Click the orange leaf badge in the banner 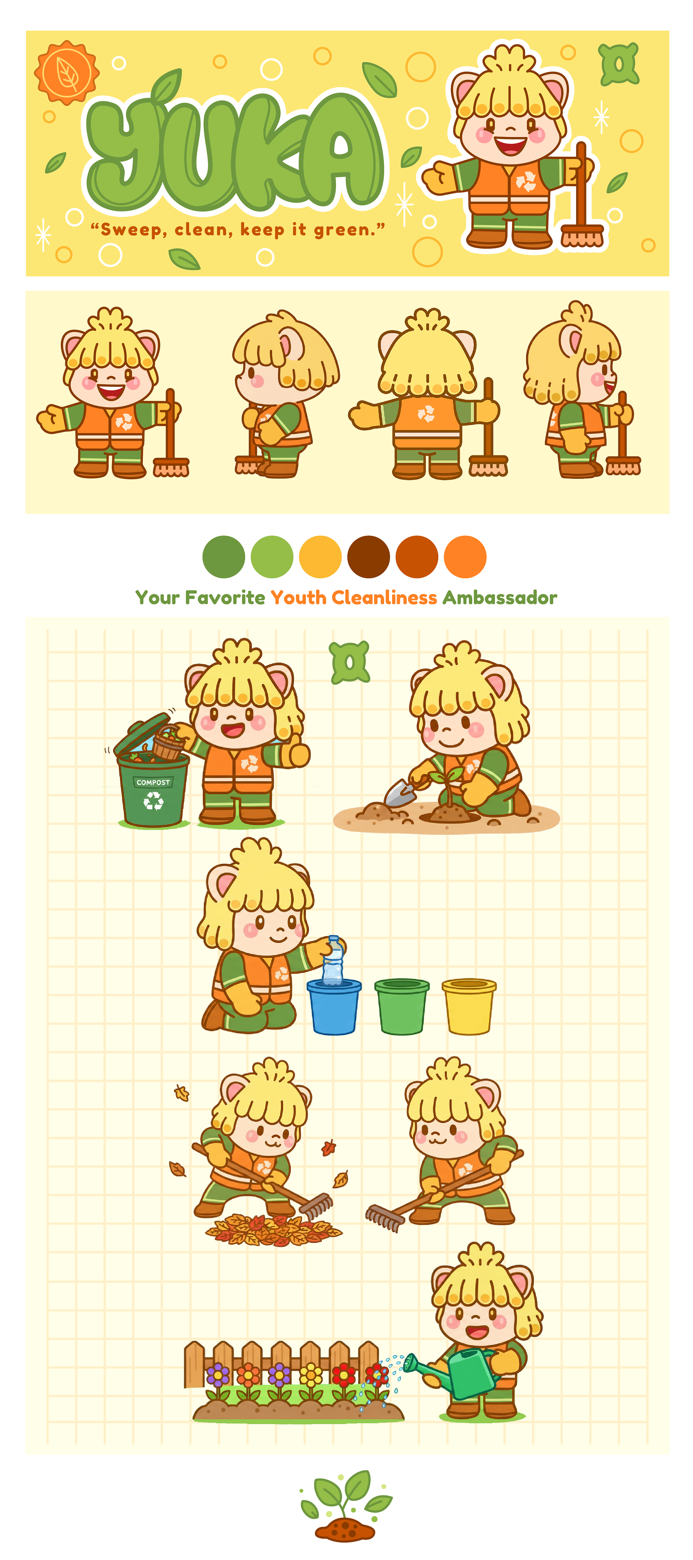[67, 73]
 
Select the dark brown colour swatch [368, 556]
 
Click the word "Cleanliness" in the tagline [384, 598]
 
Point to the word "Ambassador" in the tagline [500, 598]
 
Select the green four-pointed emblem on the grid [350, 662]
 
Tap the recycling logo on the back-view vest [426, 414]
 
